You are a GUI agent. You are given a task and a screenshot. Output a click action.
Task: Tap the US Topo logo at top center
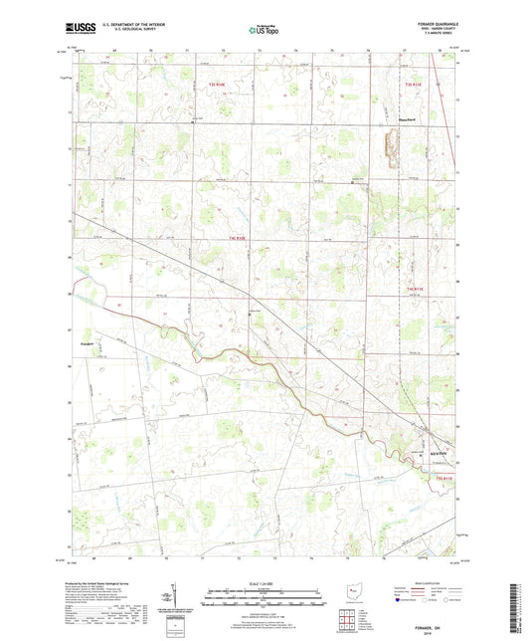pyautogui.click(x=264, y=31)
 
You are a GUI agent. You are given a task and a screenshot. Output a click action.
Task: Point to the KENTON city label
pyautogui.click(x=440, y=457)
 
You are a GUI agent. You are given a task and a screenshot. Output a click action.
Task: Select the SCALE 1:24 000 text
pyautogui.click(x=264, y=583)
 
